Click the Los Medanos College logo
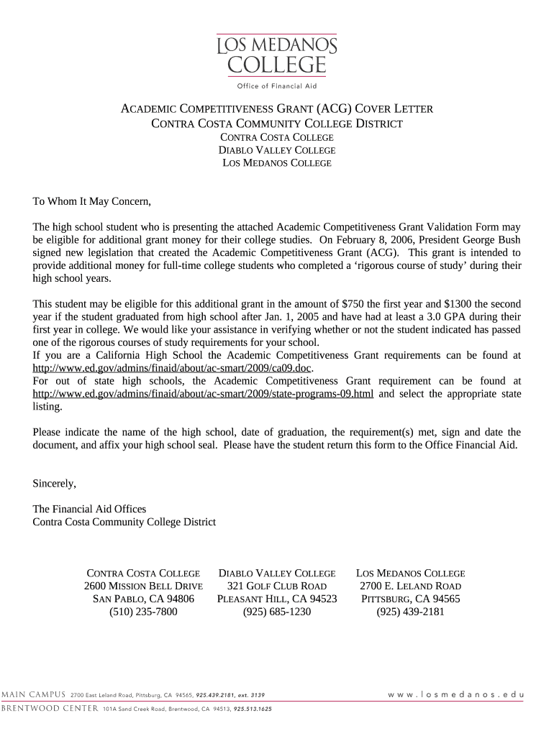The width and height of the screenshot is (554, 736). [277, 55]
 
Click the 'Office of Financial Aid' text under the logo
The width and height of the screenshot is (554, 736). [277, 87]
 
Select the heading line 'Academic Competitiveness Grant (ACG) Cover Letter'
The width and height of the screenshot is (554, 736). [276, 109]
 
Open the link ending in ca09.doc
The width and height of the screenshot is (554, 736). [173, 369]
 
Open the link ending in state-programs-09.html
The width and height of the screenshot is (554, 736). [204, 394]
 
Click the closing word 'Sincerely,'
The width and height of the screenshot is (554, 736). [55, 483]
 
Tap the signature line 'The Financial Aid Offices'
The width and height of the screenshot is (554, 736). [89, 509]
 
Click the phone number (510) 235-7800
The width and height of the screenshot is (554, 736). [143, 612]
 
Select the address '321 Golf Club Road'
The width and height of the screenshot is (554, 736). [277, 586]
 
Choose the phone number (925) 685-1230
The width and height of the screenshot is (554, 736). [277, 612]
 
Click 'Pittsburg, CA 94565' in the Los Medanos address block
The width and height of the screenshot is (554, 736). [411, 599]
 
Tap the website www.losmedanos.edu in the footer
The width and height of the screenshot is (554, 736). [455, 695]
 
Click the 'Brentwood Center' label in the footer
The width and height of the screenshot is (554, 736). [48, 709]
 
